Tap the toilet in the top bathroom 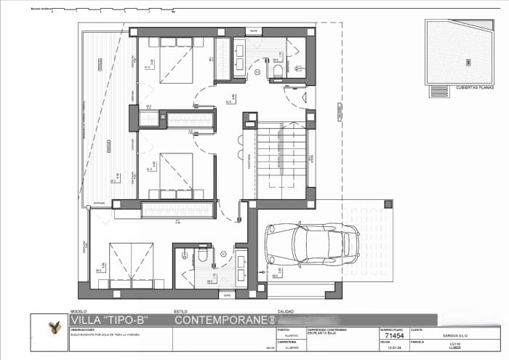(x=278, y=69)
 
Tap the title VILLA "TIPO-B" (x=108, y=319)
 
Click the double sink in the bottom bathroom (x=240, y=268)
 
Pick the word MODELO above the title (x=78, y=311)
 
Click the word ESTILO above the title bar (x=181, y=311)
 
